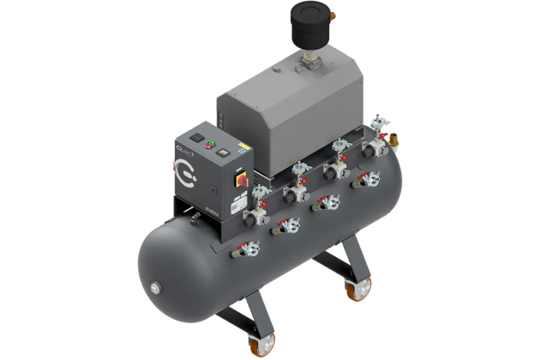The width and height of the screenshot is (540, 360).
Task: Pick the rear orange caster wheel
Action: pos(352,290)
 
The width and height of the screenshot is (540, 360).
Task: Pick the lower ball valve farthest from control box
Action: pos(369,179)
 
